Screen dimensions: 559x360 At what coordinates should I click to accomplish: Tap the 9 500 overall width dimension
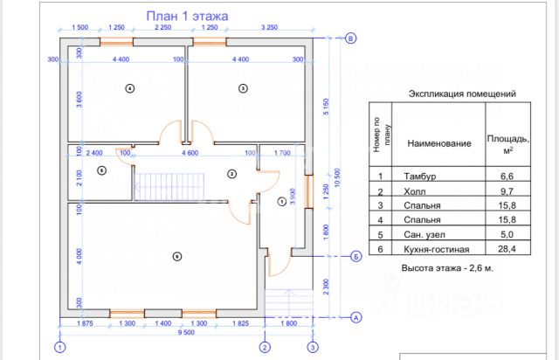click(185, 333)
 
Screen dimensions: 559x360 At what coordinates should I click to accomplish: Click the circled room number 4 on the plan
click(129, 88)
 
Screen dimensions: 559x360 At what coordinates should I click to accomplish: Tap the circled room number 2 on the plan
click(231, 174)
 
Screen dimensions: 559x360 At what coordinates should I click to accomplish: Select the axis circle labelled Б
click(356, 256)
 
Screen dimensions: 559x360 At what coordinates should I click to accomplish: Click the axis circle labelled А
click(356, 316)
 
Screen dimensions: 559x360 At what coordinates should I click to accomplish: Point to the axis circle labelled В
click(351, 38)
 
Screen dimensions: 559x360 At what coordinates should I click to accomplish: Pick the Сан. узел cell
click(424, 234)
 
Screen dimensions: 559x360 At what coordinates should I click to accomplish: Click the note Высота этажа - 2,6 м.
click(447, 268)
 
